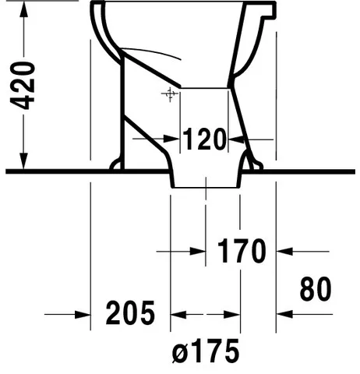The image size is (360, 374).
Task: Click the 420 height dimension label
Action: pyautogui.click(x=23, y=86)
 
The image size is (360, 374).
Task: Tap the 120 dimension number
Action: pyautogui.click(x=204, y=139)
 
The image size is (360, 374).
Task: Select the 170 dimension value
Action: pyautogui.click(x=242, y=251)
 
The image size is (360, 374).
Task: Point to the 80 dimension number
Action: pyautogui.click(x=316, y=289)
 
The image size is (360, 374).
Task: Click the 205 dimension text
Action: pyautogui.click(x=130, y=313)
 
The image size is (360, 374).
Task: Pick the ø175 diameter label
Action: pyautogui.click(x=206, y=351)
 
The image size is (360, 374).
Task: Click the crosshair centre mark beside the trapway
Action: pyautogui.click(x=170, y=94)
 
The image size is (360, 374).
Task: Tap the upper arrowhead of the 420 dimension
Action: pyautogui.click(x=24, y=10)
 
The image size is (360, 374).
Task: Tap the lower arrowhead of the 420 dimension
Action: pyautogui.click(x=23, y=161)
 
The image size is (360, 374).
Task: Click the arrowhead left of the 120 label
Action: pyautogui.click(x=172, y=139)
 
